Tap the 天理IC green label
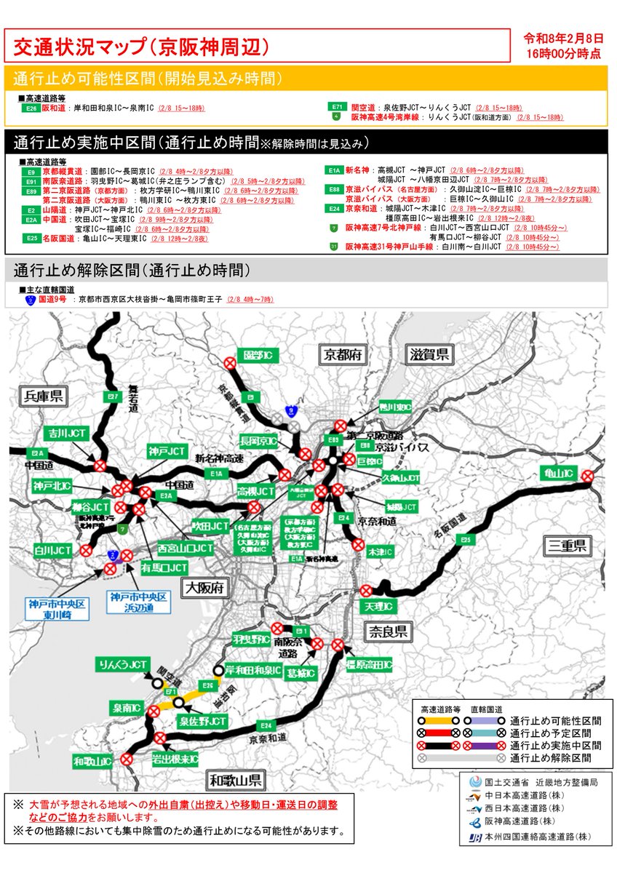click(379, 607)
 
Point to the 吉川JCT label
click(68, 434)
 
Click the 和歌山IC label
click(92, 761)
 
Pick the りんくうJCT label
click(124, 665)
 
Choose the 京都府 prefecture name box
click(341, 355)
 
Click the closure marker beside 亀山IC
click(588, 476)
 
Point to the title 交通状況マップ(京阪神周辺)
click(142, 47)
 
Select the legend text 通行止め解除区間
click(551, 757)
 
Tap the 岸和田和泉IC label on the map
click(254, 670)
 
